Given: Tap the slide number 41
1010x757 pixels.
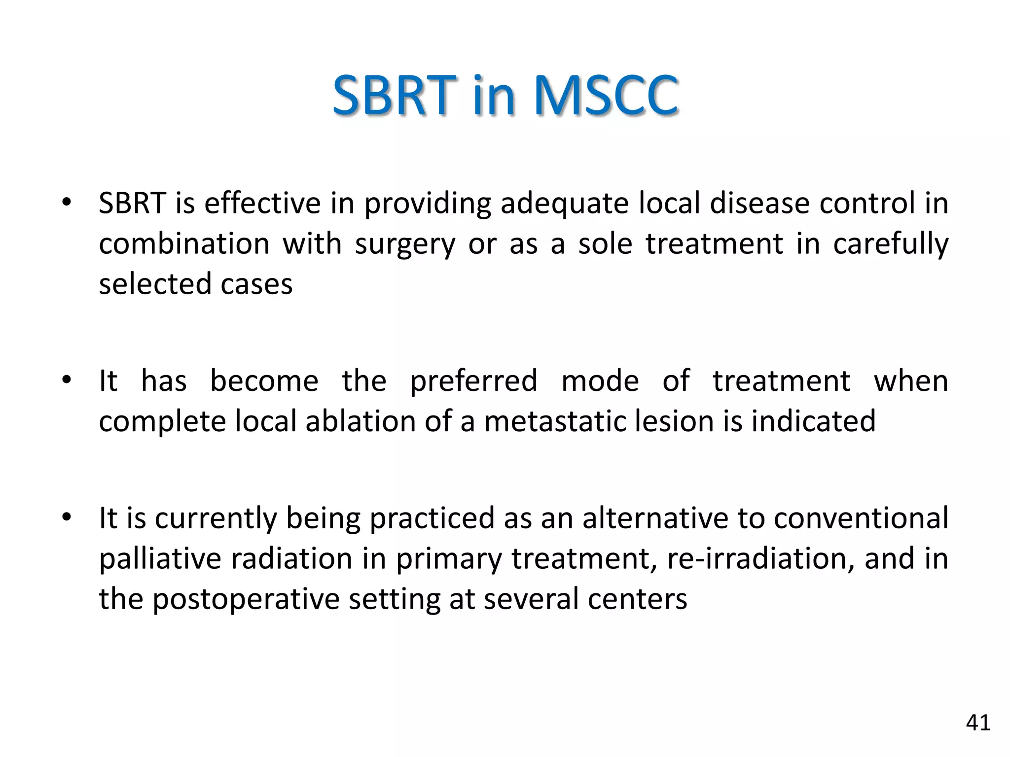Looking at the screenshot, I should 978,723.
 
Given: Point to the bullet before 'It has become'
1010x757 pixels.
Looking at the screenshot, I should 67,380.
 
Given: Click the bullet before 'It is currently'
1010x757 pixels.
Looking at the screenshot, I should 67,517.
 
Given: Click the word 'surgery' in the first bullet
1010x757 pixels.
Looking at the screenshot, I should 405,244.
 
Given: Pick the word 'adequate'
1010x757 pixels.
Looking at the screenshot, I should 564,204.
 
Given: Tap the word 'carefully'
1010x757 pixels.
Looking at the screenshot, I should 890,244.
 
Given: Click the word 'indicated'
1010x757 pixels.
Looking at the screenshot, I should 813,422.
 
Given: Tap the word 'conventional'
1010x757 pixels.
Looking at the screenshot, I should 861,518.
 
